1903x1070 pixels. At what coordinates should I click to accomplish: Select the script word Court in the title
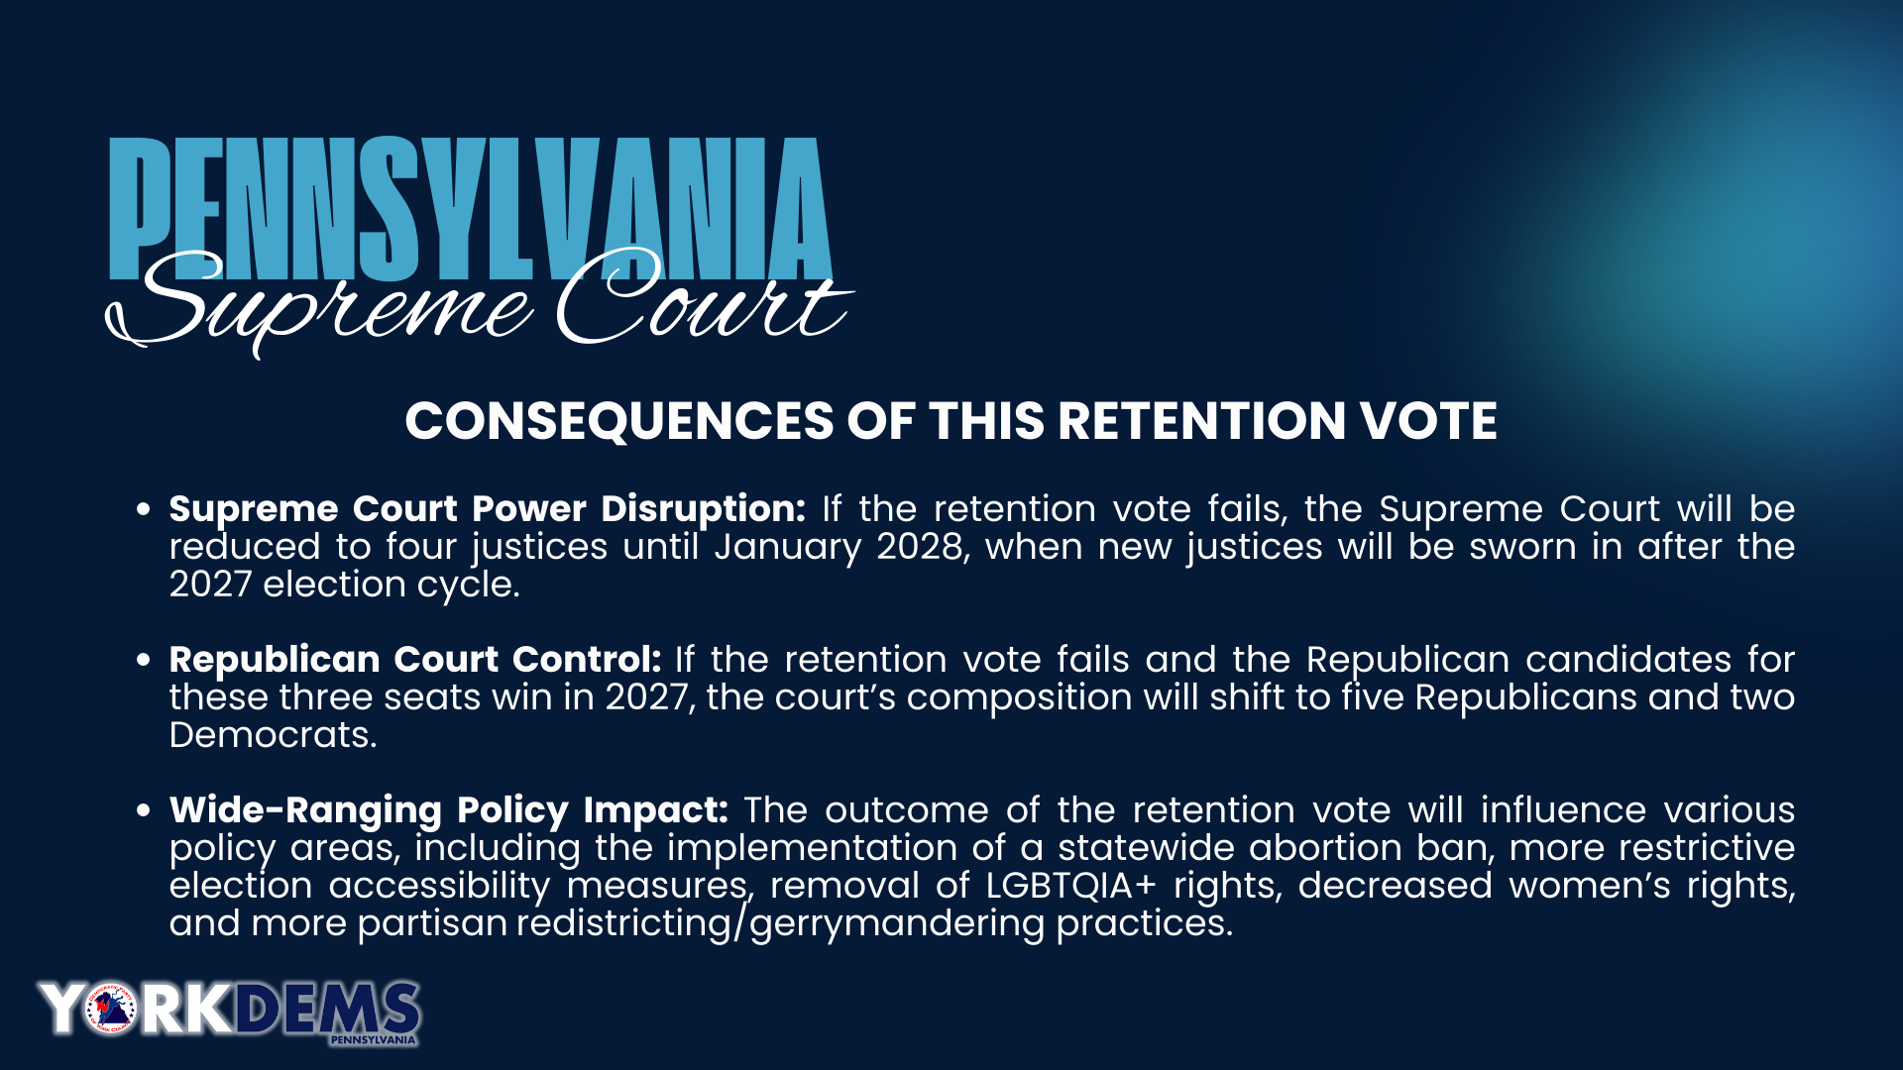click(705, 297)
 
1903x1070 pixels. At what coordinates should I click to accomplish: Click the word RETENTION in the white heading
click(1200, 421)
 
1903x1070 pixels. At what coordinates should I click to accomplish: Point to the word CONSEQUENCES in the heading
click(619, 421)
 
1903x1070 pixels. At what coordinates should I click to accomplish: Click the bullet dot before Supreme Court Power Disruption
click(144, 509)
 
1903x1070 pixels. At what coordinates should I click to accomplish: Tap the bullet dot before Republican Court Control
click(144, 660)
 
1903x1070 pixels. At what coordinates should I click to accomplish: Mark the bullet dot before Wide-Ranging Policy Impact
click(144, 810)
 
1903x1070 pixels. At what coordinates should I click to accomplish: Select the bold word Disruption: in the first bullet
click(704, 509)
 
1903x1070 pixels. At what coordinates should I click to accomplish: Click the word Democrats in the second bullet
click(273, 735)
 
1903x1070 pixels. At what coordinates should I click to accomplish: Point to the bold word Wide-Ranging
click(305, 811)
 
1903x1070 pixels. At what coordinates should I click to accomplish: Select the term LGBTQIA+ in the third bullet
click(1071, 886)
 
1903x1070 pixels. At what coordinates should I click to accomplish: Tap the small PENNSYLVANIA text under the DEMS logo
click(373, 1040)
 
